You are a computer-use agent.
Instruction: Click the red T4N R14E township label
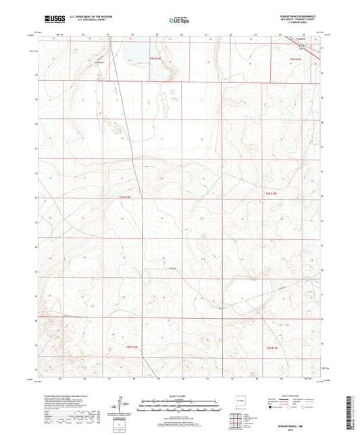tap(124, 197)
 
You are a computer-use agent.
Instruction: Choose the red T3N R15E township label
tap(272, 348)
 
